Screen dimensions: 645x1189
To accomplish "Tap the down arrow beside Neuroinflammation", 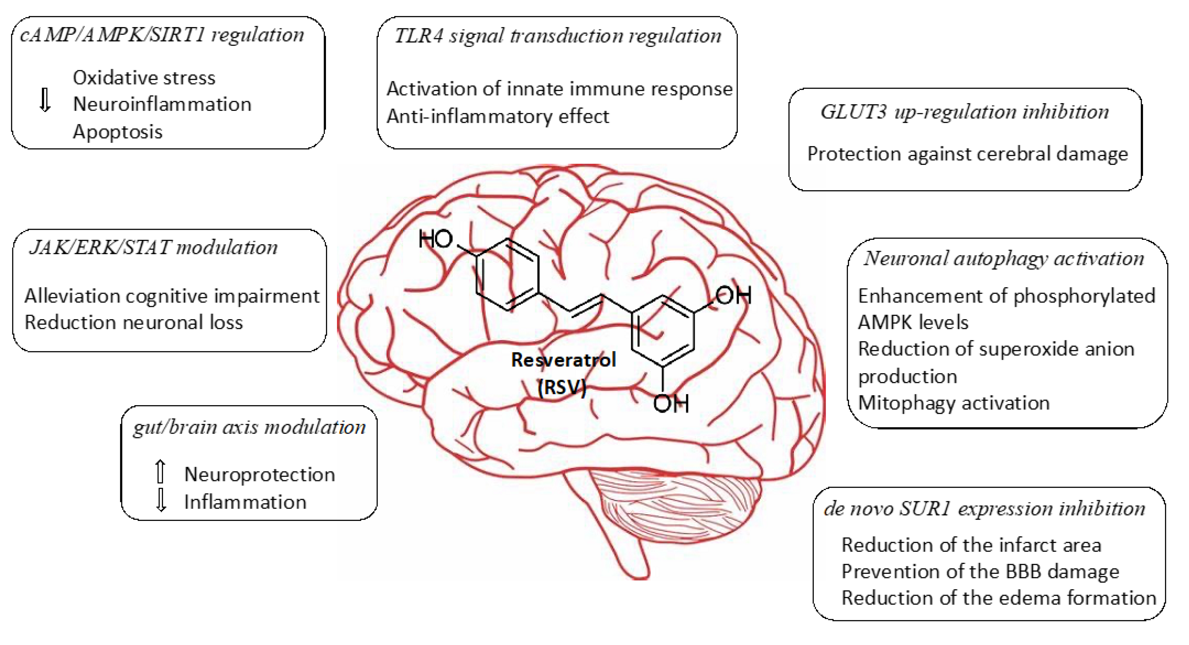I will (x=45, y=100).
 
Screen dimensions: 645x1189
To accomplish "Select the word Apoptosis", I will (x=118, y=132).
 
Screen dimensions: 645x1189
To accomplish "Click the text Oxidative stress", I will (x=144, y=78).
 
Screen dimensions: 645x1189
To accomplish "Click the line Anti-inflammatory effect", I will (x=498, y=116).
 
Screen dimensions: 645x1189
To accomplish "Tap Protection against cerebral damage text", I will (x=967, y=154).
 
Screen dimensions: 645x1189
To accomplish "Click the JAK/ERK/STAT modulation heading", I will (x=154, y=248).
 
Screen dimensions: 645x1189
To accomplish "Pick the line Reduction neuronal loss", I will (x=133, y=322).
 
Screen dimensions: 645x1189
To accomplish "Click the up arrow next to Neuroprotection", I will (x=160, y=471).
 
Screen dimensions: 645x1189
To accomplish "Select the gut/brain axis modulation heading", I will (x=249, y=427).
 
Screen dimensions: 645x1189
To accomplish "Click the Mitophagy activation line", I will (x=954, y=403).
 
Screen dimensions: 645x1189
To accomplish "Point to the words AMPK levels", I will (x=913, y=322).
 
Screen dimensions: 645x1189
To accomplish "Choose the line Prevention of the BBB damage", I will (x=980, y=572).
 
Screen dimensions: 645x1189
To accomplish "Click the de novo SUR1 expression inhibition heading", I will (x=984, y=508).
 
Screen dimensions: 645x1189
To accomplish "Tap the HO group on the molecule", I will (x=435, y=239).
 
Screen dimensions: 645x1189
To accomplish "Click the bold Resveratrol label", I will (x=563, y=360).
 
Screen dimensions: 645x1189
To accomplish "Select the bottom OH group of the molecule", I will (x=671, y=404).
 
